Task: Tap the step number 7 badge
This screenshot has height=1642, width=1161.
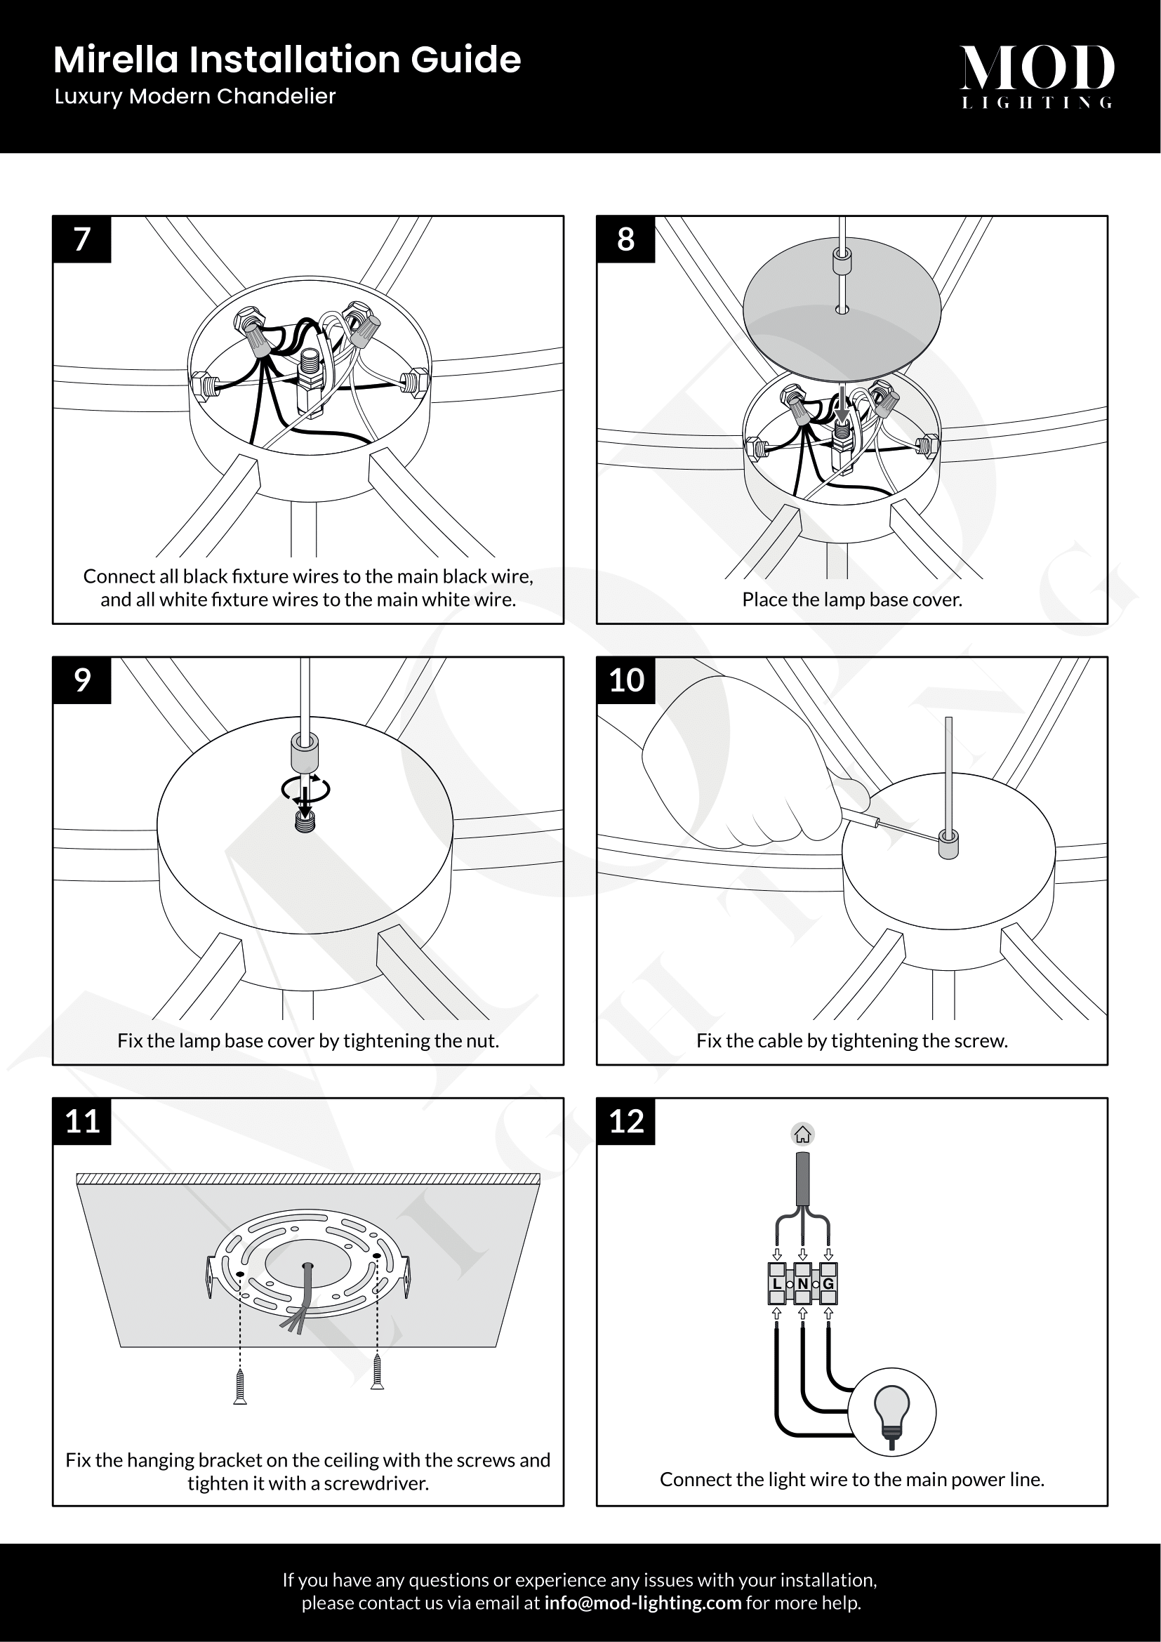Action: pos(82,239)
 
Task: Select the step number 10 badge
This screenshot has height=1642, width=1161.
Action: pos(626,680)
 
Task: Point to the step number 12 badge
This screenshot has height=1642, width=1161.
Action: pos(626,1120)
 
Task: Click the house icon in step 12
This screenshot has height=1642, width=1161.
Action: pos(803,1134)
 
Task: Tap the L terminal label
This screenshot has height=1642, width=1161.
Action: pos(777,1284)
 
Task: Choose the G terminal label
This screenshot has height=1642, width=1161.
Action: pos(828,1284)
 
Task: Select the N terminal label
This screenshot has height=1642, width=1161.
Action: pos(803,1284)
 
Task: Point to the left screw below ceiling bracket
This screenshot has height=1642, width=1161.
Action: pos(240,1387)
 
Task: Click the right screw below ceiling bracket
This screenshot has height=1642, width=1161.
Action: pos(378,1372)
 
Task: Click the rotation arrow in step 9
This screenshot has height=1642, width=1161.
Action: pos(306,788)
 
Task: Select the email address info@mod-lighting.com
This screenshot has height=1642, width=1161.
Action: pos(643,1603)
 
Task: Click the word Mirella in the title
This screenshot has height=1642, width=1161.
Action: pos(115,60)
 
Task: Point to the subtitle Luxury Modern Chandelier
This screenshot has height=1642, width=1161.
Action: pos(194,97)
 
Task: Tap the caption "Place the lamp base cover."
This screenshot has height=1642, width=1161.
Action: pos(851,600)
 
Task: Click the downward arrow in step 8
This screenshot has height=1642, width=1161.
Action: pos(843,406)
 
